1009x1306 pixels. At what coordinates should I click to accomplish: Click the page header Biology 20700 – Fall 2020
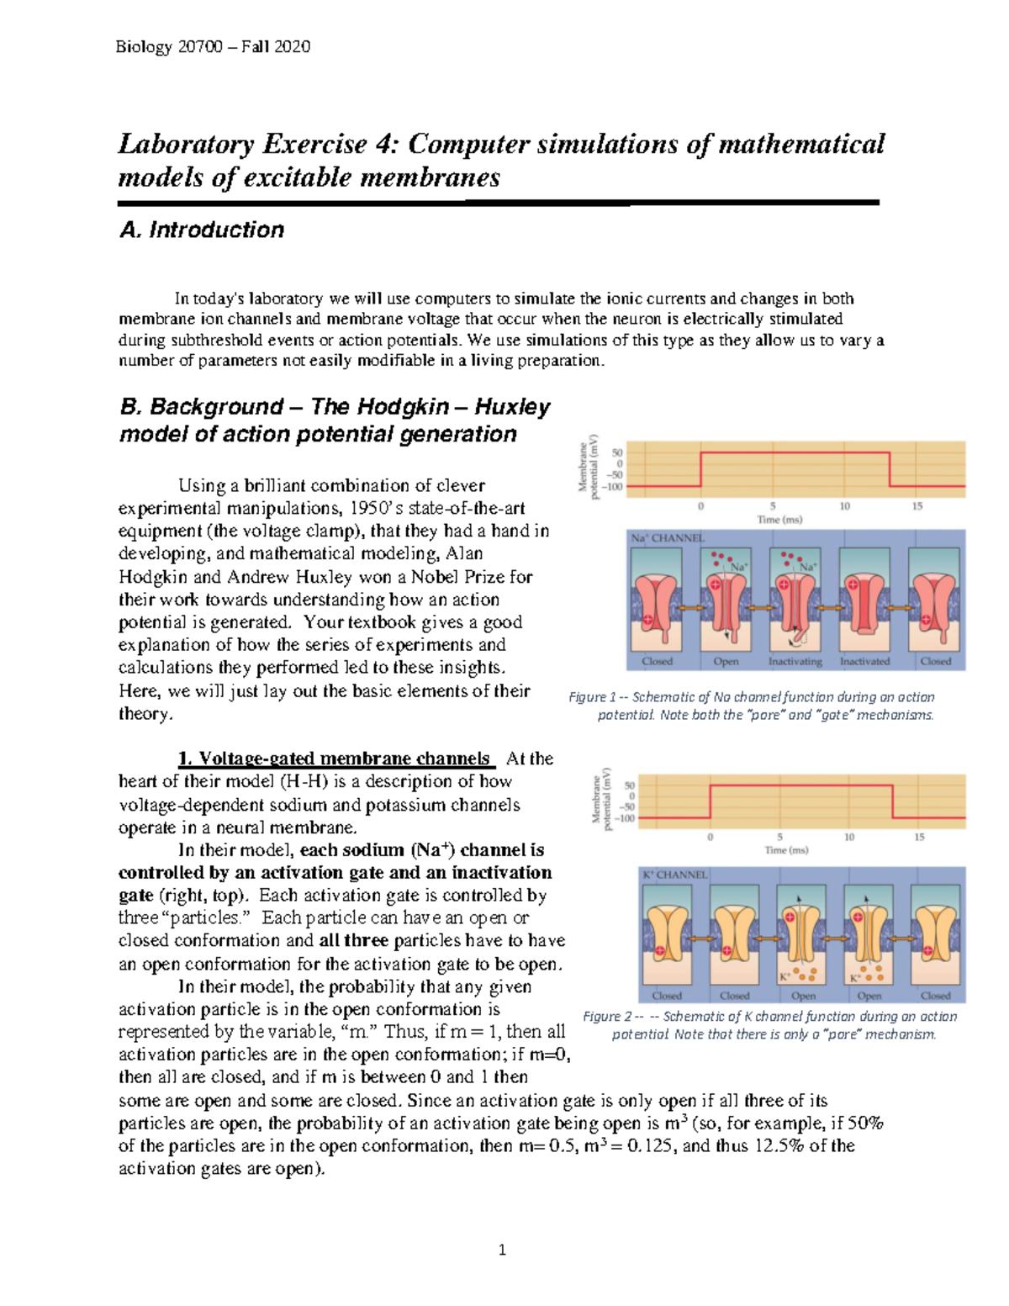pyautogui.click(x=213, y=47)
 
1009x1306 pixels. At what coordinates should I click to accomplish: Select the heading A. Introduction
pyautogui.click(x=202, y=230)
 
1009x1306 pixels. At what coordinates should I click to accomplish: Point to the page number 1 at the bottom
pyautogui.click(x=502, y=1250)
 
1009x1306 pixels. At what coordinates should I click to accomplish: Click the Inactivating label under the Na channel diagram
pyautogui.click(x=795, y=661)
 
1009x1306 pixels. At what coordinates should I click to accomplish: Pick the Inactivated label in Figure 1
pyautogui.click(x=864, y=661)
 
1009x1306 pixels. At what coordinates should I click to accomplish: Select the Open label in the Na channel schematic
pyautogui.click(x=726, y=661)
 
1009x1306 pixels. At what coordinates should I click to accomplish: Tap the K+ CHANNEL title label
pyautogui.click(x=675, y=875)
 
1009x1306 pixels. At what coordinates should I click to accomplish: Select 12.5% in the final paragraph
pyautogui.click(x=771, y=1145)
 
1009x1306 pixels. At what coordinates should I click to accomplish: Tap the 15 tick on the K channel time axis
pyautogui.click(x=919, y=837)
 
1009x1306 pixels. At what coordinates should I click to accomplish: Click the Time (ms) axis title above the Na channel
pyautogui.click(x=779, y=520)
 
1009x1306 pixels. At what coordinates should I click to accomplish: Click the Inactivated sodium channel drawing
pyautogui.click(x=864, y=602)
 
